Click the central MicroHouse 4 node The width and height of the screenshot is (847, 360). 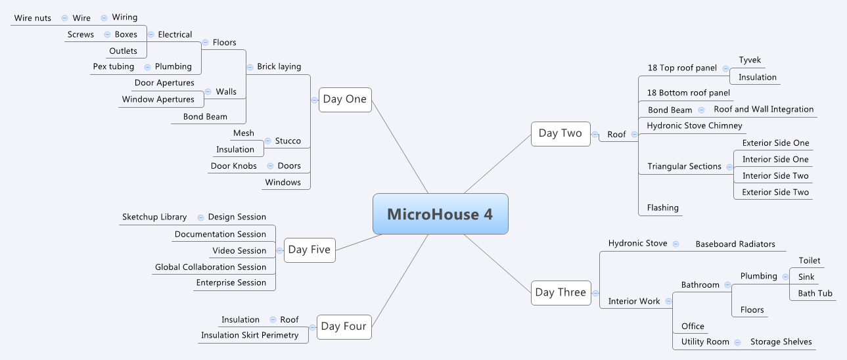440,214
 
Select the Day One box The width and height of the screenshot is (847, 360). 345,99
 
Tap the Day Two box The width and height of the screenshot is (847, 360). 561,133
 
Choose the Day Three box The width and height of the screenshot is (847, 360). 561,293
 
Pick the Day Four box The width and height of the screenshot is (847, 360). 344,326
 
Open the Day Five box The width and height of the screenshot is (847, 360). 309,250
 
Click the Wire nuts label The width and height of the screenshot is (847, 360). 32,18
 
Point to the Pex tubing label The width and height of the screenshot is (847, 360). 114,66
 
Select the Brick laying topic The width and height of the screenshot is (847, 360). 279,66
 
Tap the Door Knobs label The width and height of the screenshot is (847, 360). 234,166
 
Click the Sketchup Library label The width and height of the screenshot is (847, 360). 154,217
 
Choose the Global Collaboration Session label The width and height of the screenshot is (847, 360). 211,267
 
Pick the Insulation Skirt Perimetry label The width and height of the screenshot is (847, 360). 250,335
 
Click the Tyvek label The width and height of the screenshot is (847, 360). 750,60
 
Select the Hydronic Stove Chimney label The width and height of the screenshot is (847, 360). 695,125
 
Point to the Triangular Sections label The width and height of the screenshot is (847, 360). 685,166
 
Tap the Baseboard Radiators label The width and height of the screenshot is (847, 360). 735,244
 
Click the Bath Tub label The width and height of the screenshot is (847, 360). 815,294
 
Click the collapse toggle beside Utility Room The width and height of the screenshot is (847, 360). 737,343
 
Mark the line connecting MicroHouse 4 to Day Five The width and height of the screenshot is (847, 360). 359,242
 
